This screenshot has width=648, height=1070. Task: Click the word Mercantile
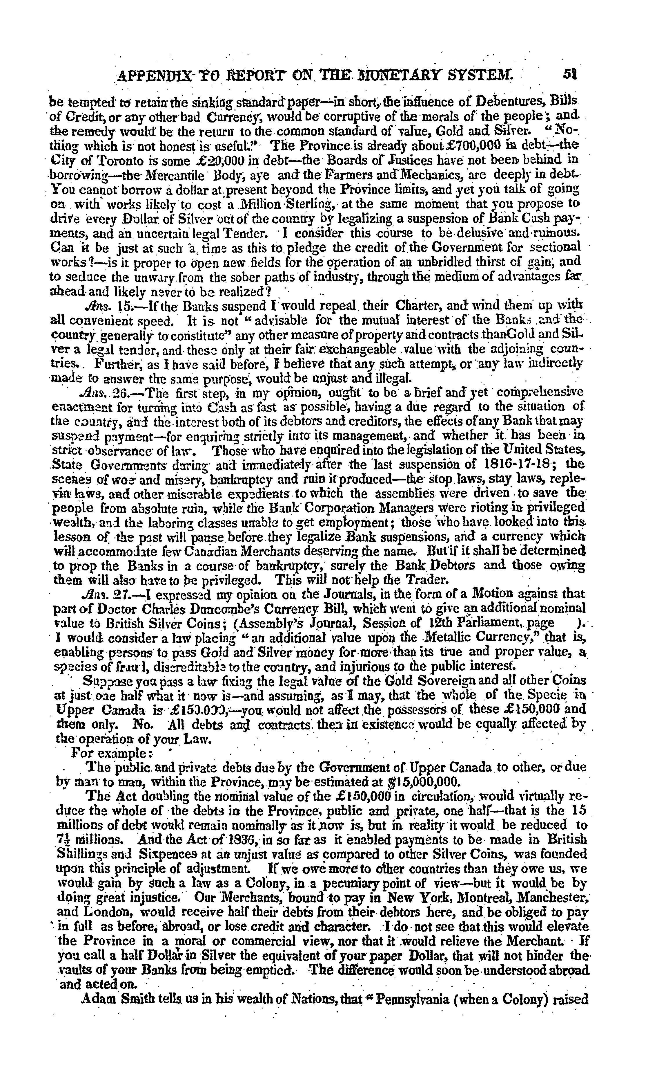pyautogui.click(x=171, y=175)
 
